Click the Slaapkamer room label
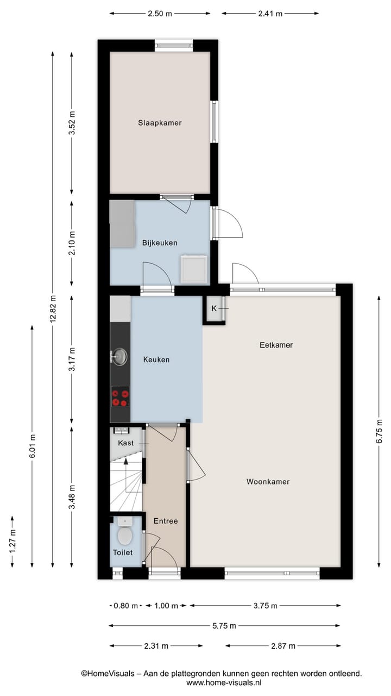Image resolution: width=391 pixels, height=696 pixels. click(159, 123)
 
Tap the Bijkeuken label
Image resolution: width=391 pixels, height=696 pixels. click(160, 243)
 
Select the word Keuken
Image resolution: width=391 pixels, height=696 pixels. click(156, 359)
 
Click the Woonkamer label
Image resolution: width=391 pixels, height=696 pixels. click(268, 481)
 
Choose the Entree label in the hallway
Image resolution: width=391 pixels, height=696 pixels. click(165, 521)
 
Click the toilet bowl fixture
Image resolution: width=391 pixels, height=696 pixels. click(125, 534)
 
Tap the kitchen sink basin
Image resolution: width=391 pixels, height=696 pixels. click(120, 357)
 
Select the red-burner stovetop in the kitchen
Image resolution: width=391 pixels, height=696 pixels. click(120, 396)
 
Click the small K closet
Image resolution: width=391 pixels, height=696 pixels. click(214, 309)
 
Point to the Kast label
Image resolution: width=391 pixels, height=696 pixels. click(125, 443)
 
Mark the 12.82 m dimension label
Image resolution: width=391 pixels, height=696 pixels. click(53, 309)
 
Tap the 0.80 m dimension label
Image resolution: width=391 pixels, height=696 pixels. click(125, 605)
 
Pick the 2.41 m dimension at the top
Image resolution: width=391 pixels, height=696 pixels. click(270, 14)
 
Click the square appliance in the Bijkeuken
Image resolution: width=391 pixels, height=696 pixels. click(194, 269)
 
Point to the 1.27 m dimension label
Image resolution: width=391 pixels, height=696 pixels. click(12, 541)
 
